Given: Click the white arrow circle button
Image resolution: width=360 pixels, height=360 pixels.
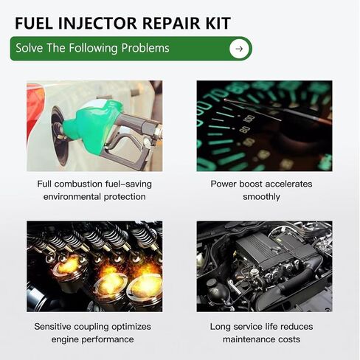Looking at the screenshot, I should click(238, 49).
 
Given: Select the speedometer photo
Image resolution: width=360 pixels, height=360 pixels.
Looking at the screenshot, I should click(263, 125).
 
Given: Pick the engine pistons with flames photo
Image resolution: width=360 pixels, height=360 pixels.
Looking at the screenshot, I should click(94, 266).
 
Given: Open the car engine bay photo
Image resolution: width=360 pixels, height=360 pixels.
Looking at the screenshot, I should click(263, 266).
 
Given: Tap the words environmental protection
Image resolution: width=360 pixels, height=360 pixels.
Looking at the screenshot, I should click(94, 197).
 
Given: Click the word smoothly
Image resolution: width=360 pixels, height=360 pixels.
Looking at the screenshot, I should click(263, 197).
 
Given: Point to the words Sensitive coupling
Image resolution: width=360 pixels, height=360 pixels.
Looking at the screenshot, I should click(69, 325).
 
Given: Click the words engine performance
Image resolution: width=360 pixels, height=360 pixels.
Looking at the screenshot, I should click(94, 339).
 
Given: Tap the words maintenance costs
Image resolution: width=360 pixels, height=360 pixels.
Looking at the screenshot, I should click(263, 339).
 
